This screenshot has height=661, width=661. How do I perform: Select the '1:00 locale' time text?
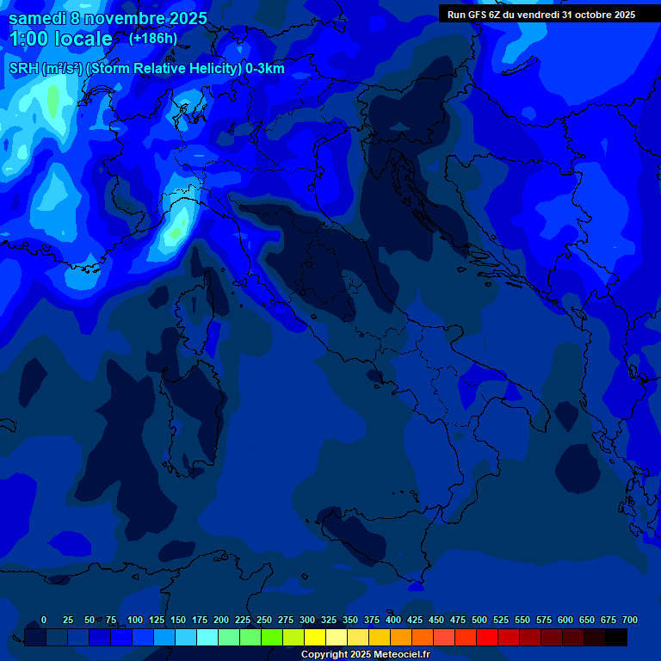coord(61,39)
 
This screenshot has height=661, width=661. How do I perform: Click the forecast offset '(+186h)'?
coord(153,39)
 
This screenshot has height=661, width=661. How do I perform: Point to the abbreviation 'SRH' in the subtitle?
coord(24,69)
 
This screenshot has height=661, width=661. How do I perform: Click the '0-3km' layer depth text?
coord(264,69)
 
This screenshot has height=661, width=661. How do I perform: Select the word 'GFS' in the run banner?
coord(479,15)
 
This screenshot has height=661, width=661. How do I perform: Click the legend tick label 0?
coord(44,621)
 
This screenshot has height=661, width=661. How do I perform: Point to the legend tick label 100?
coord(135,621)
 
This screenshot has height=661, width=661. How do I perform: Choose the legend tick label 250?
coord(264,621)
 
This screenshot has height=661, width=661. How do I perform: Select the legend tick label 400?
coord(393,621)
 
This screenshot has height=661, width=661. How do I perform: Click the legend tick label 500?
coord(479,621)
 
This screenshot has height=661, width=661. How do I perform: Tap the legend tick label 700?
coord(630,621)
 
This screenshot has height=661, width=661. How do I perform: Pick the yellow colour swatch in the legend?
coord(315,637)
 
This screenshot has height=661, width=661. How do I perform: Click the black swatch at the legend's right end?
coord(616,637)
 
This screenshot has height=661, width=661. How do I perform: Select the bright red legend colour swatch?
coord(487,637)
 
